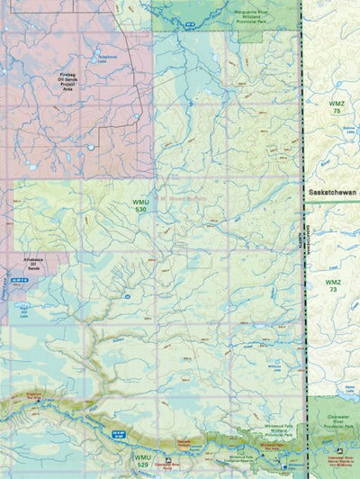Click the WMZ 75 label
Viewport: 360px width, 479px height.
pyautogui.click(x=336, y=106)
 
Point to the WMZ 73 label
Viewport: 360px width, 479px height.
pyautogui.click(x=333, y=287)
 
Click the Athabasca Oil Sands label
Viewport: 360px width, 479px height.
pyautogui.click(x=31, y=266)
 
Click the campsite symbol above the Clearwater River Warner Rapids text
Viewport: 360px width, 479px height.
pyautogui.click(x=338, y=451)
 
